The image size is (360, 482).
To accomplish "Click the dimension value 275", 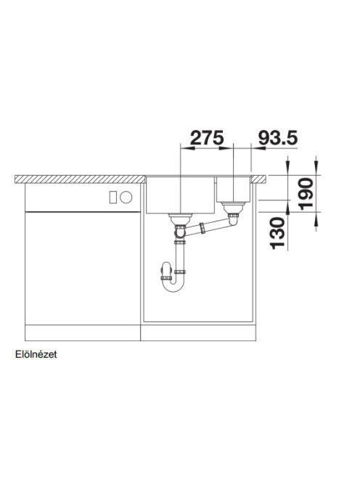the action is [x=207, y=137].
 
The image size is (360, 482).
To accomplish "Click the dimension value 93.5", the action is [x=278, y=137].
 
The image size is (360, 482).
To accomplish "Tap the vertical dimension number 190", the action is [x=307, y=194].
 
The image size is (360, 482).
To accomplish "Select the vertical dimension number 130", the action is [x=277, y=233].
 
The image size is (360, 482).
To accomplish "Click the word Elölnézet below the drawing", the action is [x=36, y=354].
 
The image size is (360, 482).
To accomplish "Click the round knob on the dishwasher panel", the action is [x=126, y=197].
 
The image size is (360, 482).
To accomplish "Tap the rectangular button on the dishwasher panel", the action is [x=112, y=197].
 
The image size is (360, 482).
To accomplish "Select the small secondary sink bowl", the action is [x=234, y=189].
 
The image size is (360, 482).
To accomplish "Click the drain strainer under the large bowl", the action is [x=181, y=218].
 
